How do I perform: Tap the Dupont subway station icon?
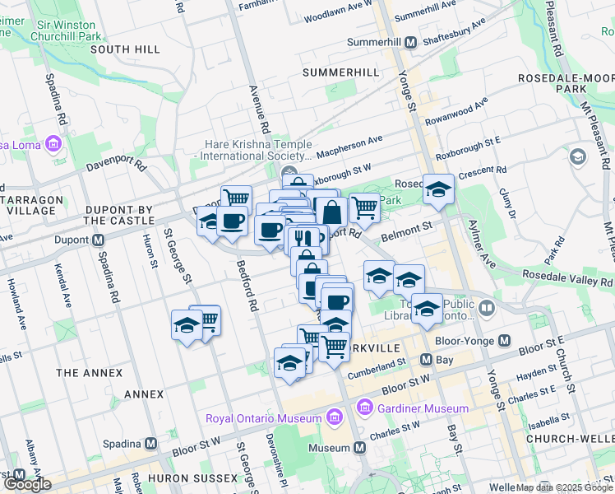[x=98, y=240]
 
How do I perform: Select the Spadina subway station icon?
[x=151, y=443]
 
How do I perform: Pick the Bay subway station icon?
[x=427, y=359]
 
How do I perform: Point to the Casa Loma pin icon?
[x=54, y=145]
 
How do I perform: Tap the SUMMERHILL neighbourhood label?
[x=341, y=72]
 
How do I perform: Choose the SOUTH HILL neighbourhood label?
[x=125, y=49]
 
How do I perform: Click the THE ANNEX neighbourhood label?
[x=90, y=373]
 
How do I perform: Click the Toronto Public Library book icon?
[x=488, y=308]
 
